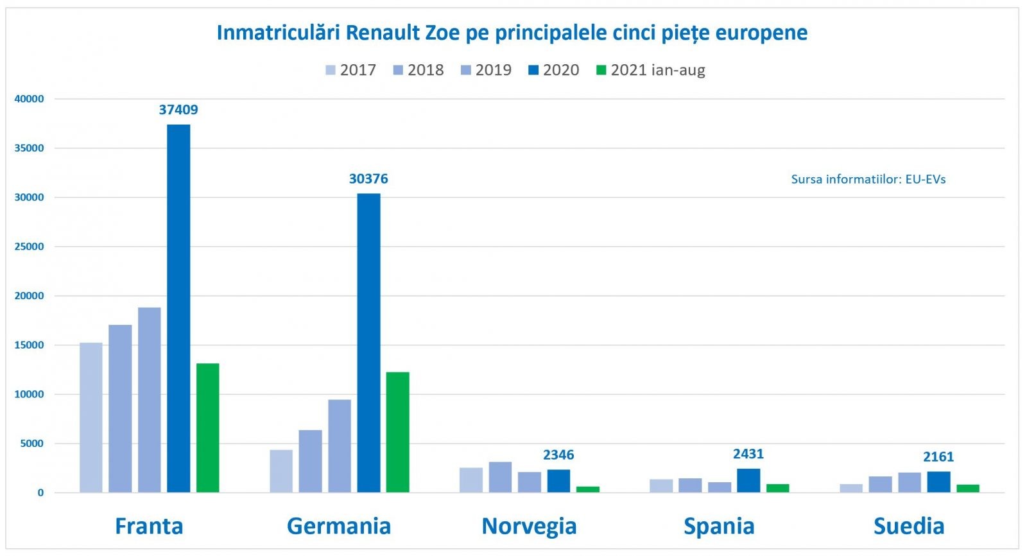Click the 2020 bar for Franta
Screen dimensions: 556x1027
point(178,308)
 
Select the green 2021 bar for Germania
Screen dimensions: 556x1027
point(397,432)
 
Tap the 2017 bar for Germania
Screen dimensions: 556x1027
point(280,471)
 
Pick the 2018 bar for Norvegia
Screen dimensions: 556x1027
point(500,477)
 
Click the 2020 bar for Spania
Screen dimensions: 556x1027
point(748,481)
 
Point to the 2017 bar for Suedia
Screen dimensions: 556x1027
point(850,488)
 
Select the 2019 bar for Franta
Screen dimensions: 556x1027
point(149,400)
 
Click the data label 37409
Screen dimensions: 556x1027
point(178,110)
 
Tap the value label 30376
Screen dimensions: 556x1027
point(368,179)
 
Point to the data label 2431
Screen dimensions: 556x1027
point(748,455)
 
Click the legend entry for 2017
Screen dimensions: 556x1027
point(351,70)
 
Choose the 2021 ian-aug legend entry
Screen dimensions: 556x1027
point(651,70)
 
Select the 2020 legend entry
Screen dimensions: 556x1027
point(554,70)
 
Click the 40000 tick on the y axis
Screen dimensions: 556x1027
point(29,99)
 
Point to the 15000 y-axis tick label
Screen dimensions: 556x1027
point(29,345)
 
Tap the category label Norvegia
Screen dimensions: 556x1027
point(529,526)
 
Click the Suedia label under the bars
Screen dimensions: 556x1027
point(909,526)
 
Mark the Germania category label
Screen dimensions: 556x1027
point(339,526)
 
